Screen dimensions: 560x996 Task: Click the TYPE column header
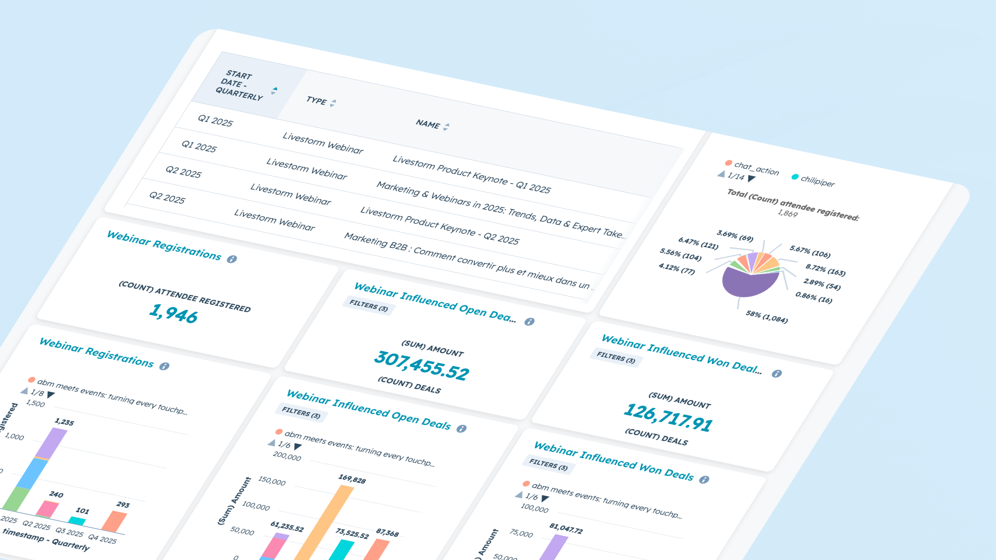(316, 100)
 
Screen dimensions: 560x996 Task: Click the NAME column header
(428, 124)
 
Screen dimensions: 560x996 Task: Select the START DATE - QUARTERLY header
(239, 85)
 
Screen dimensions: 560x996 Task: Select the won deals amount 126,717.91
(668, 418)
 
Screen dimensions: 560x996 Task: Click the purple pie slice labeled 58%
(744, 284)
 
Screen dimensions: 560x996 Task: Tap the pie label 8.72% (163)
(825, 270)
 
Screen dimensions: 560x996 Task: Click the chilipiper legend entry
(817, 181)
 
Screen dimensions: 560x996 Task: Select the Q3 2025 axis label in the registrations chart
(69, 532)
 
